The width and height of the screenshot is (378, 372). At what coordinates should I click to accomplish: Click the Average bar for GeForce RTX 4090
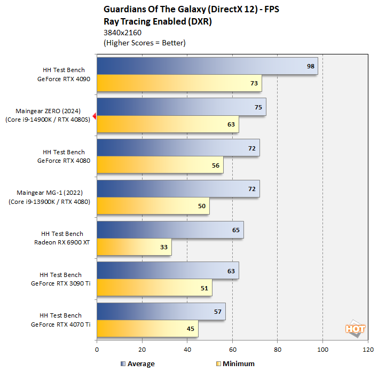coord(207,66)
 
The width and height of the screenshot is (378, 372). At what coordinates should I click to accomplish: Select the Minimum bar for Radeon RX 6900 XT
coord(134,247)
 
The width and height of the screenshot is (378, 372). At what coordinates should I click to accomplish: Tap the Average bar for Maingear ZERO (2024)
coord(181,107)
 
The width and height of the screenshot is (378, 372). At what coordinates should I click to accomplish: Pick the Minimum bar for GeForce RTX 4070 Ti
coord(147,329)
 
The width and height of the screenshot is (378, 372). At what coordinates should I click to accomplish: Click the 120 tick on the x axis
coord(367,350)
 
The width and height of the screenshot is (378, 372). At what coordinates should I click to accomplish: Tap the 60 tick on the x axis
coord(232,350)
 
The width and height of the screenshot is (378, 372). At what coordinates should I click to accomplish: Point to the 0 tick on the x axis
coord(97,350)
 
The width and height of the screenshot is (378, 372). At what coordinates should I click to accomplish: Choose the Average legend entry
coord(138,364)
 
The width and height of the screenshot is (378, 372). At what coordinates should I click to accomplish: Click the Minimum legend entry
coord(235,364)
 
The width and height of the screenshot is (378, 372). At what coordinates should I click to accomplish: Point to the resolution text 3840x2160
coord(123,33)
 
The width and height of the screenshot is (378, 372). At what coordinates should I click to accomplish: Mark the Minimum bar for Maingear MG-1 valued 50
coord(153,206)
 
